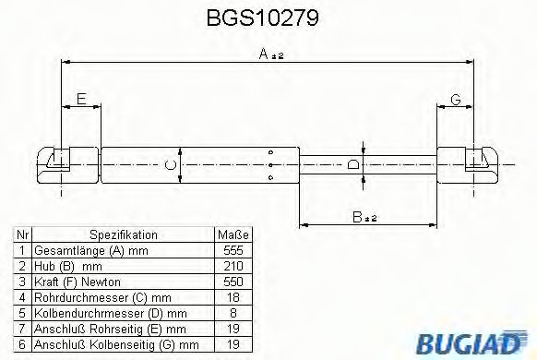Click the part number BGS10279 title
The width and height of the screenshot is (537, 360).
267,18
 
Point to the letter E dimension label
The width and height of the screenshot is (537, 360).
81,99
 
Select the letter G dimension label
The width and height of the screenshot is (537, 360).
455,99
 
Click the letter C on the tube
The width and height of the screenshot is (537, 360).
167,165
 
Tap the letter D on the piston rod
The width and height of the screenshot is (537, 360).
352,166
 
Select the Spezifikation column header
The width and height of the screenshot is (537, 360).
123,235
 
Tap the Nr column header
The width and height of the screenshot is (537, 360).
22,235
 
